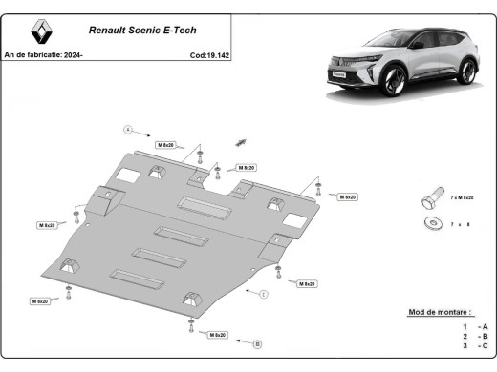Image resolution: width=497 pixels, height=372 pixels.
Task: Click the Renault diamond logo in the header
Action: (38, 33)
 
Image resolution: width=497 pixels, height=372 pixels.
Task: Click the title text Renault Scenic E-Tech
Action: (142, 30)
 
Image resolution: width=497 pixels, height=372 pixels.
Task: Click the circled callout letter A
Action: (126, 128)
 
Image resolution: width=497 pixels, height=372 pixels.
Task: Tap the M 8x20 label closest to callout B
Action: (215, 335)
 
